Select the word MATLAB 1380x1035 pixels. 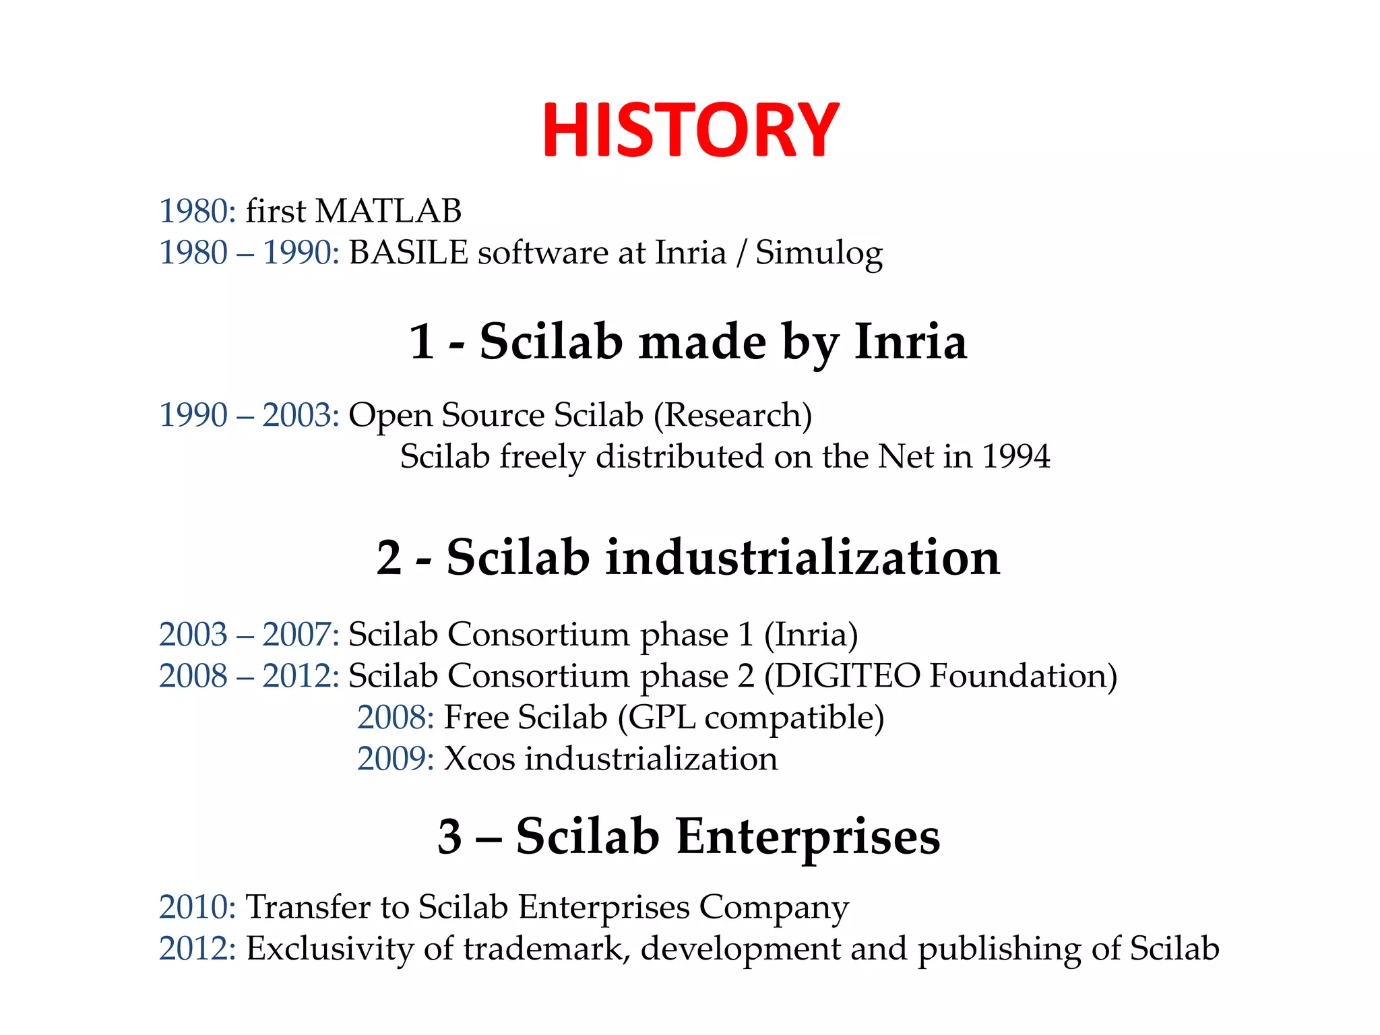pyautogui.click(x=388, y=211)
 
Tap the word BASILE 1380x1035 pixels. pyautogui.click(x=408, y=253)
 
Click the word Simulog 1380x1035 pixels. pyautogui.click(x=819, y=254)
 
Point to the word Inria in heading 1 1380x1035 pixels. pyautogui.click(x=910, y=342)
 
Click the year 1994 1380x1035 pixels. pyautogui.click(x=1015, y=457)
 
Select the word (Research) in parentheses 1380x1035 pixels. pyautogui.click(x=732, y=415)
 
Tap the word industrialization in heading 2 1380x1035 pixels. pyautogui.click(x=803, y=558)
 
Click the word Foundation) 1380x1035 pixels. pyautogui.click(x=1023, y=676)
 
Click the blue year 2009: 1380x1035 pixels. pyautogui.click(x=396, y=759)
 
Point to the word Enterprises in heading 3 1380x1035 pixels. pyautogui.click(x=807, y=837)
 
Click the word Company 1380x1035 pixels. pyautogui.click(x=774, y=908)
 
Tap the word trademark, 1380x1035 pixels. pyautogui.click(x=546, y=949)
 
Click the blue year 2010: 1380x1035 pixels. pyautogui.click(x=197, y=907)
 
